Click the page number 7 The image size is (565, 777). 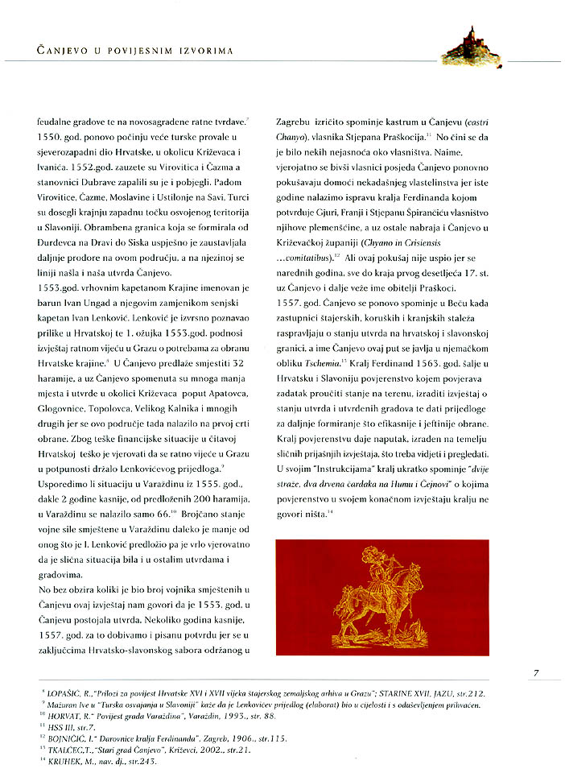[536, 673]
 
